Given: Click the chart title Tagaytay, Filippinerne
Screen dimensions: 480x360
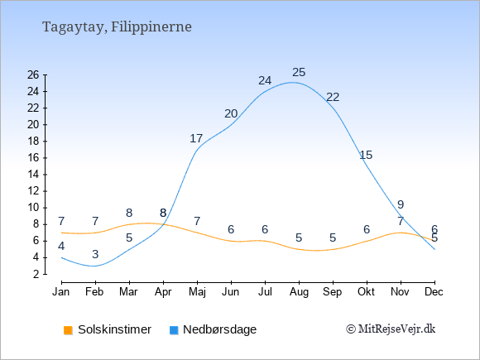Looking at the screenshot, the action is [x=117, y=27].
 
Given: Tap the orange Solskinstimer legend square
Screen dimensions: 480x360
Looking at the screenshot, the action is [x=68, y=330].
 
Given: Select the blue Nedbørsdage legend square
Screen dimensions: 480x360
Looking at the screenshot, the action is [x=174, y=330].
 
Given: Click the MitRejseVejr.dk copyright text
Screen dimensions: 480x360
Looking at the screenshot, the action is [x=391, y=329].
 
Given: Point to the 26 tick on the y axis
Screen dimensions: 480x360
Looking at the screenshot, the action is [x=33, y=74].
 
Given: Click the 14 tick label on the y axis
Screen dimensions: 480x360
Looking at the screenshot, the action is [x=33, y=175].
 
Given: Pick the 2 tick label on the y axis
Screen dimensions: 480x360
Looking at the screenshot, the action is [x=36, y=274].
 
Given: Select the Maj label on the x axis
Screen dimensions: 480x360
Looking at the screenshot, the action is [x=197, y=292].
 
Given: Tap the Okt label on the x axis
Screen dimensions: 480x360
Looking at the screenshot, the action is [x=366, y=292].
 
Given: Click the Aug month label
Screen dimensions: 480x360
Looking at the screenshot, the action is [x=299, y=292].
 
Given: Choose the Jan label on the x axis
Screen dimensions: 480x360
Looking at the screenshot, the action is [x=61, y=292].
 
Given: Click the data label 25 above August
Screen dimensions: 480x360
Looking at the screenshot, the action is [x=299, y=73].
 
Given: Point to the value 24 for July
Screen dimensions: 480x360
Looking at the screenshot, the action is [x=265, y=81].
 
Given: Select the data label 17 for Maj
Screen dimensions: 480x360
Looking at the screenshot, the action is [x=196, y=139].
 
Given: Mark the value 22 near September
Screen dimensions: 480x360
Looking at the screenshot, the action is [x=333, y=98].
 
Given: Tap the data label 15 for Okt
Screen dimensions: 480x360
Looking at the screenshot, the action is [x=366, y=156].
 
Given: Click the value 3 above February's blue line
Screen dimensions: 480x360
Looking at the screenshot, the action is [x=95, y=254].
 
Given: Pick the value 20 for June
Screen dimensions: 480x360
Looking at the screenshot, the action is [x=231, y=114].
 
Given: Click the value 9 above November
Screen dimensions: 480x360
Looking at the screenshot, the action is [x=401, y=204].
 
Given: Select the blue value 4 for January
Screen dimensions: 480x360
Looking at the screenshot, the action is [x=61, y=246].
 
